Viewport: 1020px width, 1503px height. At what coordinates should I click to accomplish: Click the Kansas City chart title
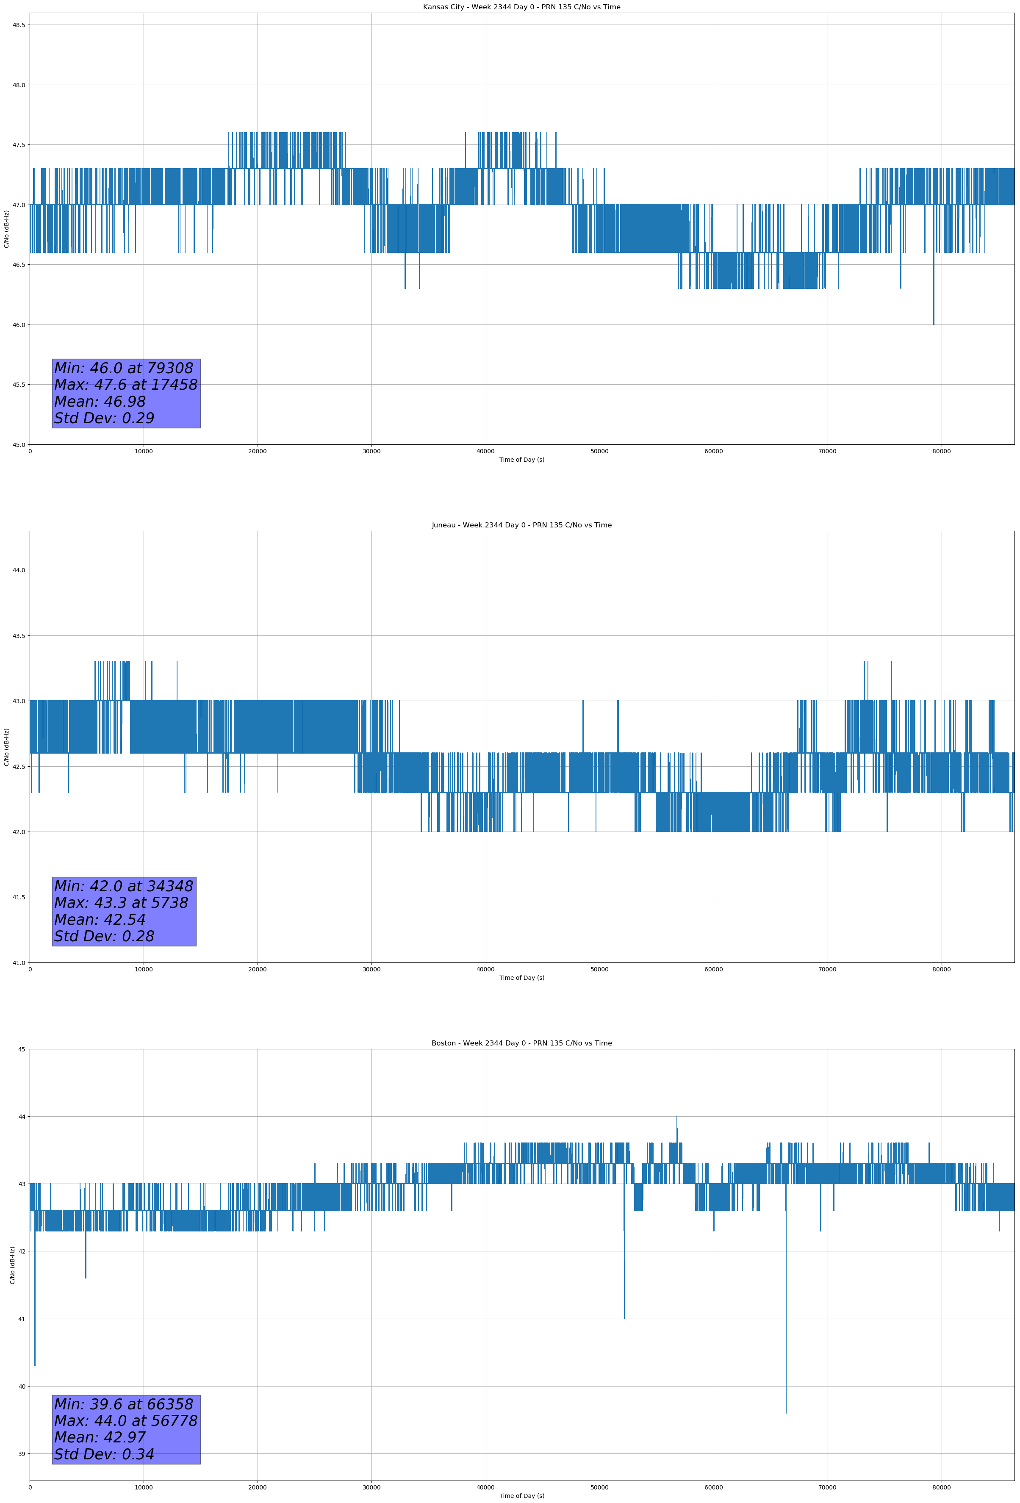click(521, 7)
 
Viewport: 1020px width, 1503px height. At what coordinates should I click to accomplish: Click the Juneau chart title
click(521, 525)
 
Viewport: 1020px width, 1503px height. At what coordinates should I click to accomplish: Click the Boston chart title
click(521, 1043)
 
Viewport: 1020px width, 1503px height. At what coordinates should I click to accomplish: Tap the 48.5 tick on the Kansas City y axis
click(19, 25)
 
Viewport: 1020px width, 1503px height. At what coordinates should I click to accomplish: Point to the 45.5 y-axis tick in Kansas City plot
click(19, 385)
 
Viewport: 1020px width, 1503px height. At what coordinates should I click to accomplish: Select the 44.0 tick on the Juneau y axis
click(19, 571)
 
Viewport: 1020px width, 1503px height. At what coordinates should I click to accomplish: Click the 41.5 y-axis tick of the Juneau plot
click(19, 897)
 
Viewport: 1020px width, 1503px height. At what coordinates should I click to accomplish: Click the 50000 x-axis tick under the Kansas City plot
click(599, 452)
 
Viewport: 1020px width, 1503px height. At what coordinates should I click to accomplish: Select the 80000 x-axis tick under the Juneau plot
click(941, 969)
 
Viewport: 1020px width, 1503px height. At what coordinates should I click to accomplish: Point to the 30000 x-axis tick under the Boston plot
click(371, 1487)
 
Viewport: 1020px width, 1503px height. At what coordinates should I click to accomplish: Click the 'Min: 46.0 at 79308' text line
click(124, 368)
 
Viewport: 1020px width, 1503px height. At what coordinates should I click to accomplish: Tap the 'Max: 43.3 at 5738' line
click(121, 903)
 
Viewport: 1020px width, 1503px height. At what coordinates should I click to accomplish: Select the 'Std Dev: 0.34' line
click(104, 1454)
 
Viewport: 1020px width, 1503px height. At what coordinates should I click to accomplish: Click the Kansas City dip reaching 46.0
click(933, 323)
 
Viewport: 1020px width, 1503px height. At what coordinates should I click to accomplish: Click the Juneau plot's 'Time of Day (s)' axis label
click(521, 978)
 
